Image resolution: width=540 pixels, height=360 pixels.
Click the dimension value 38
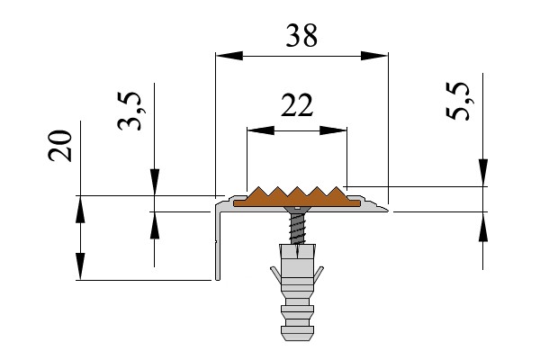click(301, 36)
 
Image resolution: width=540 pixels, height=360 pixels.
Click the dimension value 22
click(296, 106)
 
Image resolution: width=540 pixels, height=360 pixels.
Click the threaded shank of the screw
click(296, 229)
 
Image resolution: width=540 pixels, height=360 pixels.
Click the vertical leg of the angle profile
click(217, 243)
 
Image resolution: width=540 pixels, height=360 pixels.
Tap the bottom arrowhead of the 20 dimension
click(81, 266)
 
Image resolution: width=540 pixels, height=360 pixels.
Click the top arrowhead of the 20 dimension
click(81, 209)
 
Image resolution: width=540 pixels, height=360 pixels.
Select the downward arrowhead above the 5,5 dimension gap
click(483, 172)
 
